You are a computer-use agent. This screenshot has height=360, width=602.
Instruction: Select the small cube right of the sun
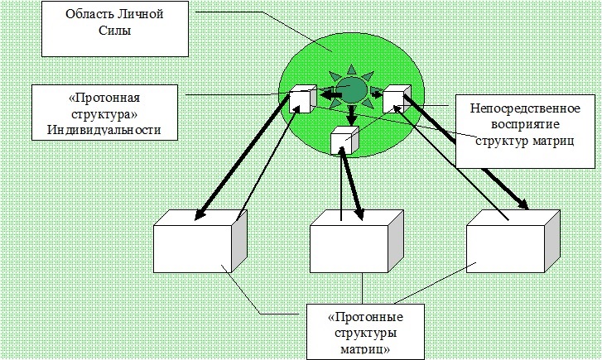396,98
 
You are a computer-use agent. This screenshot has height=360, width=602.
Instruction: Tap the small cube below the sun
342,141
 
